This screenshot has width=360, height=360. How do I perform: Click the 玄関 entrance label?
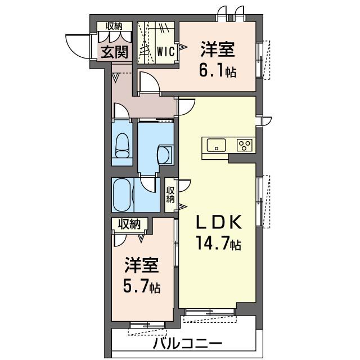pyautogui.click(x=115, y=52)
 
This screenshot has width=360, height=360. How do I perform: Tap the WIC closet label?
pyautogui.click(x=166, y=51)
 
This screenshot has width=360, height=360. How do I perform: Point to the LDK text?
pyautogui.click(x=219, y=222)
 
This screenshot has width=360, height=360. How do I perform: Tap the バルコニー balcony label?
pyautogui.click(x=188, y=344)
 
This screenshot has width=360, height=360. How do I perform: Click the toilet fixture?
pyautogui.click(x=122, y=146)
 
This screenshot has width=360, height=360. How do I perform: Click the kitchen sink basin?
pyautogui.click(x=216, y=145)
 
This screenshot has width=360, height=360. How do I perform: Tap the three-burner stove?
pyautogui.click(x=245, y=145)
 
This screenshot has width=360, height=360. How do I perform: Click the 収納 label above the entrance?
pyautogui.click(x=114, y=26)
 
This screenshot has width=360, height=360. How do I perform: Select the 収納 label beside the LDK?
pyautogui.click(x=170, y=195)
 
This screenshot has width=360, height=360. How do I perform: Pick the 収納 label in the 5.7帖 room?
pyautogui.click(x=129, y=224)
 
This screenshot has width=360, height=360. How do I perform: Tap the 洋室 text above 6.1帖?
pyautogui.click(x=218, y=49)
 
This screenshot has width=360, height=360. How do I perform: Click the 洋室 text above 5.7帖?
pyautogui.click(x=142, y=265)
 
